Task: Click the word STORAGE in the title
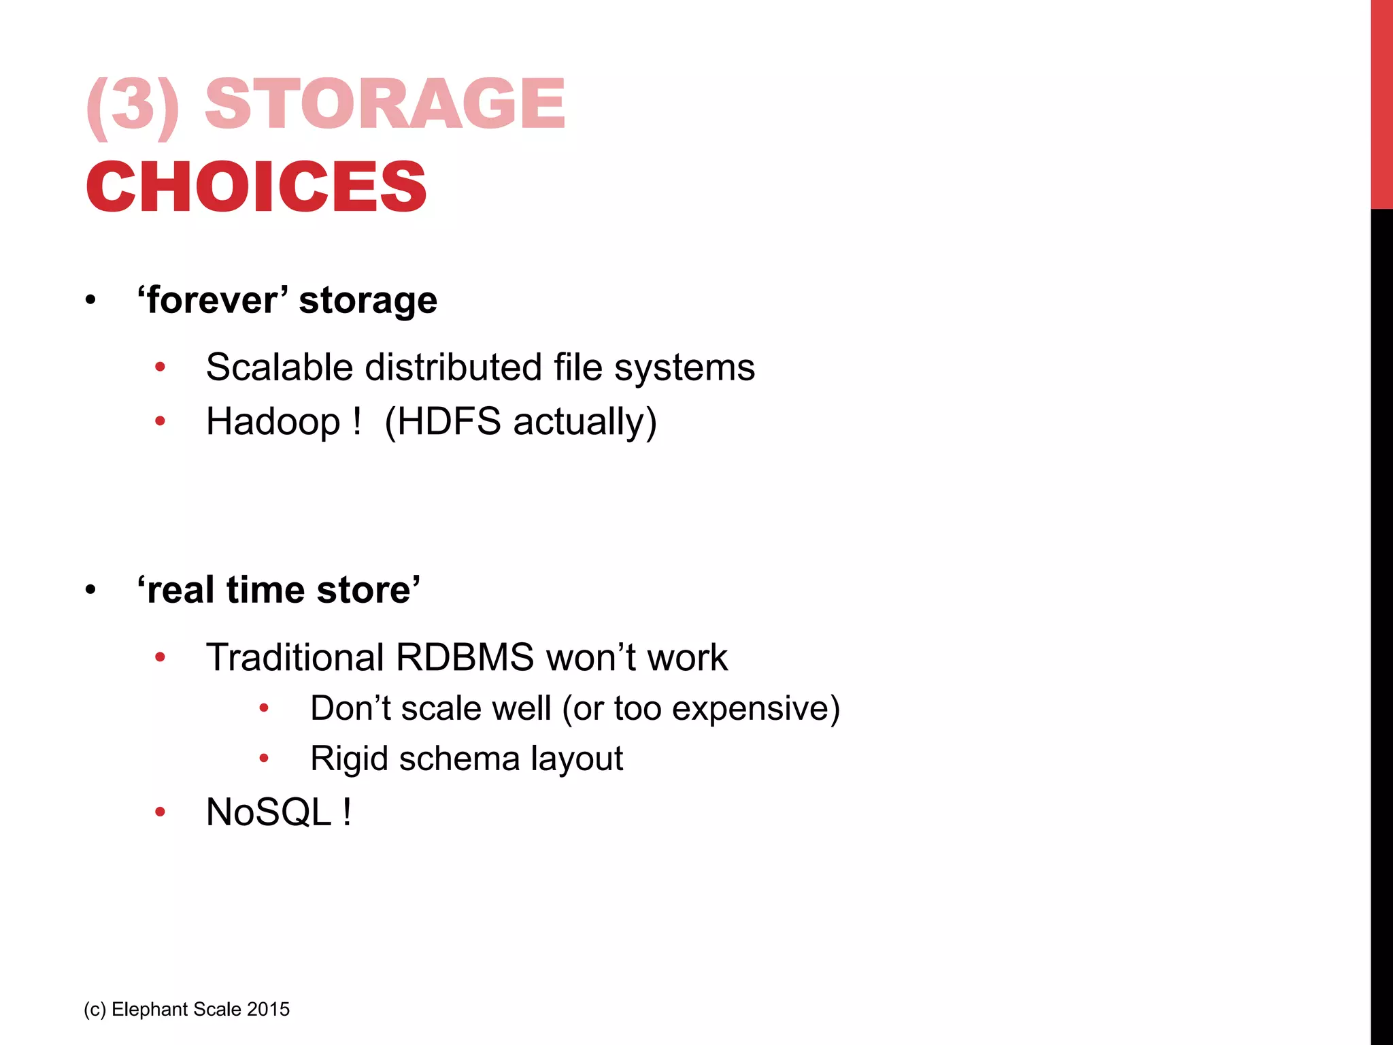[385, 103]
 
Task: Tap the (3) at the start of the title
[133, 105]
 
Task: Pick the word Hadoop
[273, 422]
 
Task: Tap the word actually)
[585, 422]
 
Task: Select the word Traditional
[295, 657]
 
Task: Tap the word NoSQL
[269, 812]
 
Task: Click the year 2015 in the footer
[269, 1009]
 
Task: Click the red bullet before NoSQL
[160, 812]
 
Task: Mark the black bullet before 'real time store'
[90, 590]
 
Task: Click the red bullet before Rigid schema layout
[264, 759]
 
